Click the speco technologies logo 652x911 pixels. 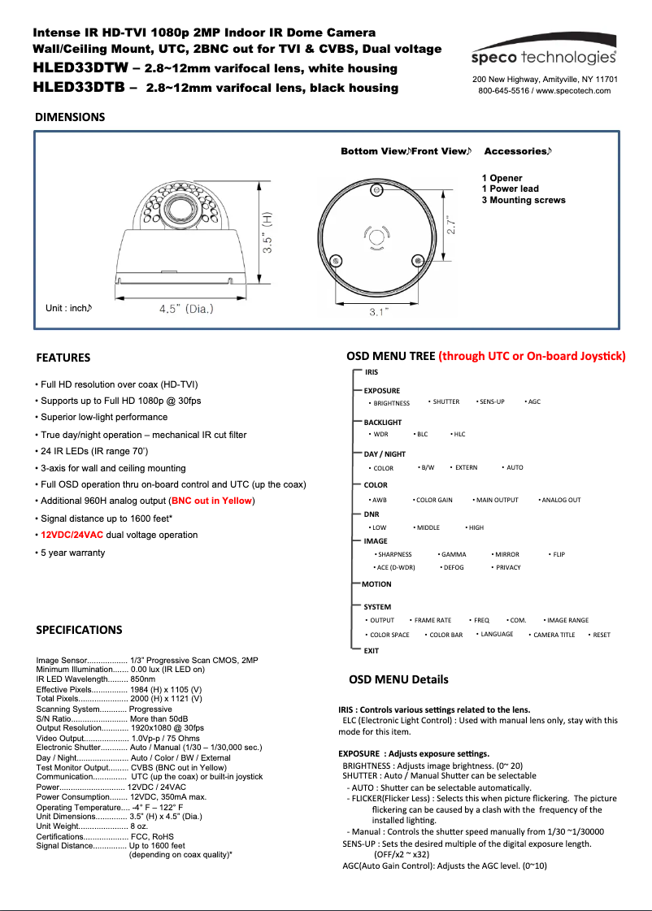545,57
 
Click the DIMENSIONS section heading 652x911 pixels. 70,117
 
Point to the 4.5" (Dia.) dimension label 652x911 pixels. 187,309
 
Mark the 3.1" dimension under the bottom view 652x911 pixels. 378,312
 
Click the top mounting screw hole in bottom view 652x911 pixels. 377,189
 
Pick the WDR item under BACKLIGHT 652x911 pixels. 380,434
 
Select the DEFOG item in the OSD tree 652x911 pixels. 454,567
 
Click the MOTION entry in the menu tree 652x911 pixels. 376,584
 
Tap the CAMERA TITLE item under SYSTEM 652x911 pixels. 554,635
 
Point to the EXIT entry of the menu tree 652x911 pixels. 372,651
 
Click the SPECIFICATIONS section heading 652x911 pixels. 80,630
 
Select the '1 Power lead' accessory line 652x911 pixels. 510,189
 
